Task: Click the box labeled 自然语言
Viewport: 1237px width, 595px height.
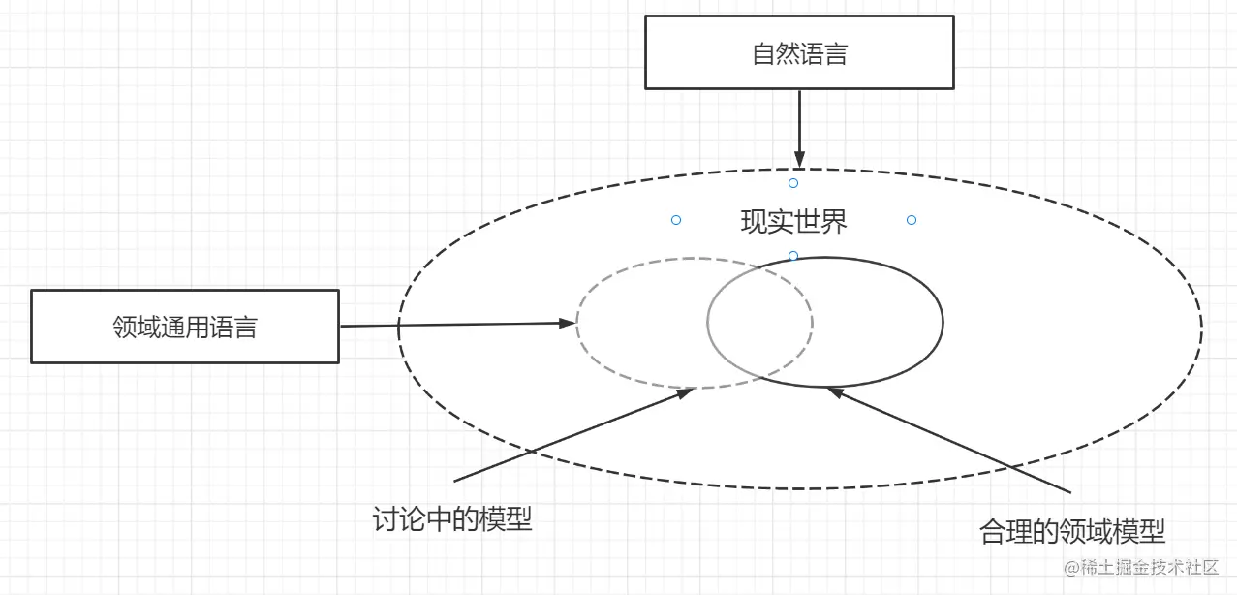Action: [x=799, y=53]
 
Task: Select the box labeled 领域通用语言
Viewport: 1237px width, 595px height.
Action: [x=185, y=327]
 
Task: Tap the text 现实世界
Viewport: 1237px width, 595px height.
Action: [x=793, y=222]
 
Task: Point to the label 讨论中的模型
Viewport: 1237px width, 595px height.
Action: [x=452, y=519]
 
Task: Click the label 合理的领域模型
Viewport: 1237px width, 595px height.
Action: [x=1072, y=531]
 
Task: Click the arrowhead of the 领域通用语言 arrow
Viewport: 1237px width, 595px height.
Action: [x=568, y=323]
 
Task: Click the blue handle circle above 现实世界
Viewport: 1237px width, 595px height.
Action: [x=793, y=183]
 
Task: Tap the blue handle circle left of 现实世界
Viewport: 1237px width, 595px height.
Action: [x=676, y=220]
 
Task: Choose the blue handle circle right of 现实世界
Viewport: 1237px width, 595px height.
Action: [x=912, y=220]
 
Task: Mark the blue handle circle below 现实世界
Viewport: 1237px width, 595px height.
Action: [x=793, y=256]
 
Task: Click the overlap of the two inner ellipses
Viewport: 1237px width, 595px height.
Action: [x=760, y=322]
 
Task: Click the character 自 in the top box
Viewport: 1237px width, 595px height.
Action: [x=763, y=54]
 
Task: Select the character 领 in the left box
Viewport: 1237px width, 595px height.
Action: [x=125, y=328]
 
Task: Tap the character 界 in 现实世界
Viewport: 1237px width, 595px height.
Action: [x=834, y=222]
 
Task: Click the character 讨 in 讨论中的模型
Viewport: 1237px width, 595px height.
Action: [x=386, y=519]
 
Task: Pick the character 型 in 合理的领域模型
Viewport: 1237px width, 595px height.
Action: [x=1153, y=531]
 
